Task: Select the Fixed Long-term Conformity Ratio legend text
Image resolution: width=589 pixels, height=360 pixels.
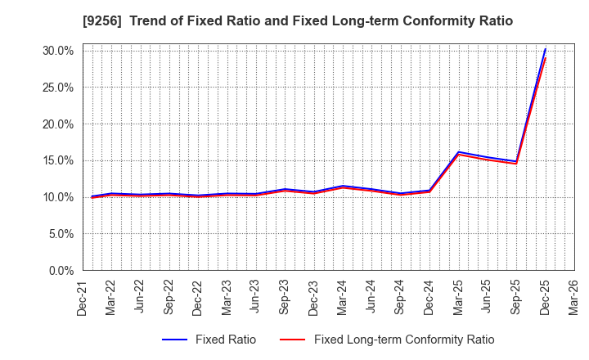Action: tap(404, 340)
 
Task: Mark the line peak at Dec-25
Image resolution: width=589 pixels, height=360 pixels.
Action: tap(546, 49)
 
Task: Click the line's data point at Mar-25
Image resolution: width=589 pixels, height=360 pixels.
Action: tap(459, 152)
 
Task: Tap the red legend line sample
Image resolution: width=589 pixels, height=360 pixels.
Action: tap(292, 340)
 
